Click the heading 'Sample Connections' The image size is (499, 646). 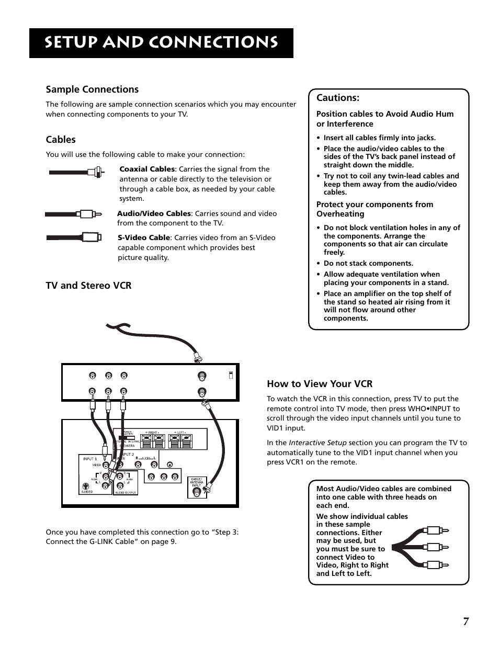click(92, 89)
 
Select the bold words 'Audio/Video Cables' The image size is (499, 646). click(154, 213)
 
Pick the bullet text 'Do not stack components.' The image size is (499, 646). click(368, 264)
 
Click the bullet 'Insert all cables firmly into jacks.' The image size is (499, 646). click(379, 138)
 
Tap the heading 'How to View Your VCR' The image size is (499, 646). click(320, 384)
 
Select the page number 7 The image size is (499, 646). click(466, 621)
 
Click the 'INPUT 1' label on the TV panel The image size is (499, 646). click(88, 459)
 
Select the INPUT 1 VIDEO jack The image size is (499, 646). click(106, 465)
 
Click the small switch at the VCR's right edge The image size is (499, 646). click(231, 375)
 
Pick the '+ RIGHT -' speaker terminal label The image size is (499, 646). click(153, 433)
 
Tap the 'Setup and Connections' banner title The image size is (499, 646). click(161, 43)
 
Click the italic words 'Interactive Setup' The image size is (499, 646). click(317, 443)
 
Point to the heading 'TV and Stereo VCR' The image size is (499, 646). click(88, 286)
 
